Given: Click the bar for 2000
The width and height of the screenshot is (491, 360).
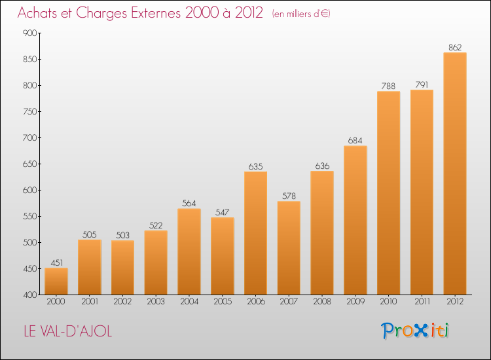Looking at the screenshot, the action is coord(56,281).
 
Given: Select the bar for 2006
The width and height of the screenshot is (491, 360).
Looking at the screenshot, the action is coord(256,233).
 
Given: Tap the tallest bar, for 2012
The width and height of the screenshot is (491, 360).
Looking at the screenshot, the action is coord(455,173).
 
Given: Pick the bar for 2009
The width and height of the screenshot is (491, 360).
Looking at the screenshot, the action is coord(355,220).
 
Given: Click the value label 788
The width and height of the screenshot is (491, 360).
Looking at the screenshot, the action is coord(388,86).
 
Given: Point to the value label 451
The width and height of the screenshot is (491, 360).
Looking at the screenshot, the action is coord(57,262).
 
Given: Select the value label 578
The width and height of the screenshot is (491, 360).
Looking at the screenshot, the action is coord(289,196).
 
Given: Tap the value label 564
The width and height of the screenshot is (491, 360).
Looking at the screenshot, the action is coord(189,203).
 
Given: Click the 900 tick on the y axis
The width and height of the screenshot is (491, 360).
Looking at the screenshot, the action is coord(29,33).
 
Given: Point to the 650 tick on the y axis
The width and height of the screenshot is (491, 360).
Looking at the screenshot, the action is coord(29,164).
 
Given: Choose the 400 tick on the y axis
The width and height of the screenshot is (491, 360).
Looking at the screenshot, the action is coord(29,295).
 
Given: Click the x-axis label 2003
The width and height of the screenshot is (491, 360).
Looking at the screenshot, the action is coord(156,301).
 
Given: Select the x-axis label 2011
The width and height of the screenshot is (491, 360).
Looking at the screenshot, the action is coord(422,301).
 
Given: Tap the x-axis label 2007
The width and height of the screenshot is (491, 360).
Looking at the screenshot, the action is coord(289,301).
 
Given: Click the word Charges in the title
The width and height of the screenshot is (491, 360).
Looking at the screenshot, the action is coord(101,14).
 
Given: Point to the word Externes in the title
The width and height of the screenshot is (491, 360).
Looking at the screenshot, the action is coord(156,12).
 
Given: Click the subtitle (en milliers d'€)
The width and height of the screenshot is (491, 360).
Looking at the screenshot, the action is coord(301,14).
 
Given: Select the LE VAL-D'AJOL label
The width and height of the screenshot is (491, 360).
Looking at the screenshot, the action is coord(68,331).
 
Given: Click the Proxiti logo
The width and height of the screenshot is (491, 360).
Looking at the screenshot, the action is coord(415,331).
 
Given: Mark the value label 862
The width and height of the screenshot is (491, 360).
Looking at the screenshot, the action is coord(455,47).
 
